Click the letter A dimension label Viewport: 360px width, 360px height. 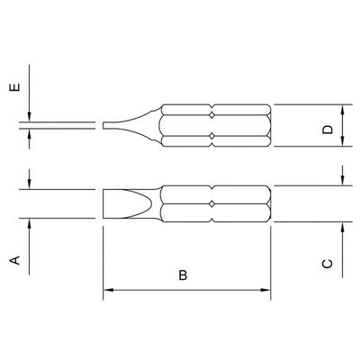[15, 260]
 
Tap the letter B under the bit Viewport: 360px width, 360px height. [183, 275]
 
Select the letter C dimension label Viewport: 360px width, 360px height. [327, 264]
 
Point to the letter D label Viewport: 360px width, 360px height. [328, 129]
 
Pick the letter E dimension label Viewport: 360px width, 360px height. [15, 87]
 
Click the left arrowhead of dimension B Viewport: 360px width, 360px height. [108, 290]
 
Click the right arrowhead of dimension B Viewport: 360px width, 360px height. [265, 290]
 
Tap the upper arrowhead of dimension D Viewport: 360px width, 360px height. [343, 110]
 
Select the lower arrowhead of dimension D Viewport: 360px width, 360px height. [343, 142]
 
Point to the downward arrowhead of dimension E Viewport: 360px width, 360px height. [29, 117]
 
